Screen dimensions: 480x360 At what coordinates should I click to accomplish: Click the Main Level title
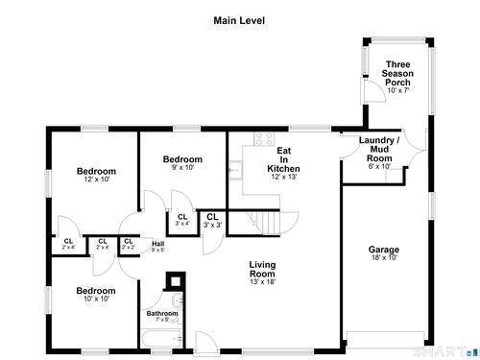coord(239,21)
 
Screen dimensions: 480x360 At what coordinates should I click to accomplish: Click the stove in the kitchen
coord(264,139)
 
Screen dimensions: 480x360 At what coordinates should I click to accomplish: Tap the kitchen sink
coord(235,170)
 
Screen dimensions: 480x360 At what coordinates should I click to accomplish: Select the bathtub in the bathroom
coord(162,339)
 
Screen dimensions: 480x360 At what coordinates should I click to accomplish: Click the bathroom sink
coord(178,300)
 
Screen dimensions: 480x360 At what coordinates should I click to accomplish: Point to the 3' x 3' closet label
coord(212,221)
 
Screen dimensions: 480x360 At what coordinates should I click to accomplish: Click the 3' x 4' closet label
coord(182,220)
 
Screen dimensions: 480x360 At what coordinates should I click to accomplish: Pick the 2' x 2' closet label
coord(129,244)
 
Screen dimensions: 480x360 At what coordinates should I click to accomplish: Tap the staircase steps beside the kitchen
coord(271,223)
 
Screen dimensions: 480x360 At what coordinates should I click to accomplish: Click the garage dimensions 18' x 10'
coord(384,257)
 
